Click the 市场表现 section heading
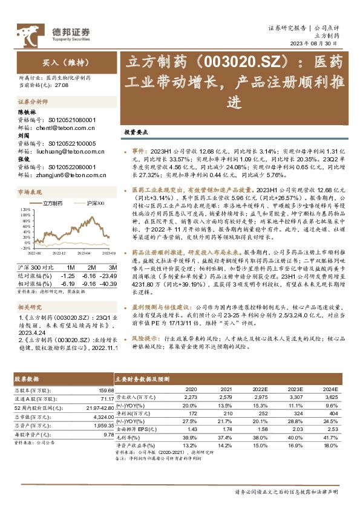(x=30, y=192)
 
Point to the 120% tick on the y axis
(x=25, y=209)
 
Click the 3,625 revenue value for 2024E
(x=330, y=397)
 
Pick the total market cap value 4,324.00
(x=101, y=417)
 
